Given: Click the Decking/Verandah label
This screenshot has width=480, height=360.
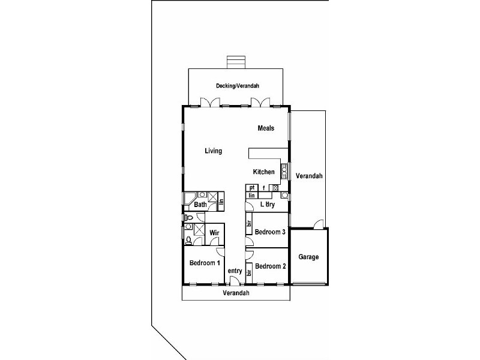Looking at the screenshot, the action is pos(238,86).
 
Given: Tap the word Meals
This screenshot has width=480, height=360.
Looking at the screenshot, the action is pos(266,128).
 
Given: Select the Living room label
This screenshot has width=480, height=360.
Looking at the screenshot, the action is pos(214,151).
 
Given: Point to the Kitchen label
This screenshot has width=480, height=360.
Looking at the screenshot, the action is pos(263,172).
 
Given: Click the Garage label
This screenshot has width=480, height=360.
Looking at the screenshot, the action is pos(308,257).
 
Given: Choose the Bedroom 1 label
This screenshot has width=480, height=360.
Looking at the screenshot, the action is pos(205,263).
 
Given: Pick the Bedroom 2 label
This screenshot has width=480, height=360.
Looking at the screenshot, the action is pos(271,266).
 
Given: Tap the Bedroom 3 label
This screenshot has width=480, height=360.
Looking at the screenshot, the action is pos(270,232).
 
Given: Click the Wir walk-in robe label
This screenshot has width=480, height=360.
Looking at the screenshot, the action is pos(214,233).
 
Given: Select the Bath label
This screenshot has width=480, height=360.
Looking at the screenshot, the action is pos(200,205).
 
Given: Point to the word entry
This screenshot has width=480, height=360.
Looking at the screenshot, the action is pos(235,271).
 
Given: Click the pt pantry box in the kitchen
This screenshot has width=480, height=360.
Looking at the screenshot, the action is pos(252,188).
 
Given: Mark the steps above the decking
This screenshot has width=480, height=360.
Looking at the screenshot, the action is pos(236,62).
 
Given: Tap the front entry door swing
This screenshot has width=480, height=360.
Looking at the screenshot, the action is pos(234,280).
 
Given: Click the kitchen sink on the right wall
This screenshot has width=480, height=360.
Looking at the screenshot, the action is pos(284,172).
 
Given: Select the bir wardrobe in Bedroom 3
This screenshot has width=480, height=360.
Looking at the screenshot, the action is pos(248,223).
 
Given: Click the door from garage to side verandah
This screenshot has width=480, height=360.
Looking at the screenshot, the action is pos(319,224).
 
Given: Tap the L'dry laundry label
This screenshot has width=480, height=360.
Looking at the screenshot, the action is pos(267,204).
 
